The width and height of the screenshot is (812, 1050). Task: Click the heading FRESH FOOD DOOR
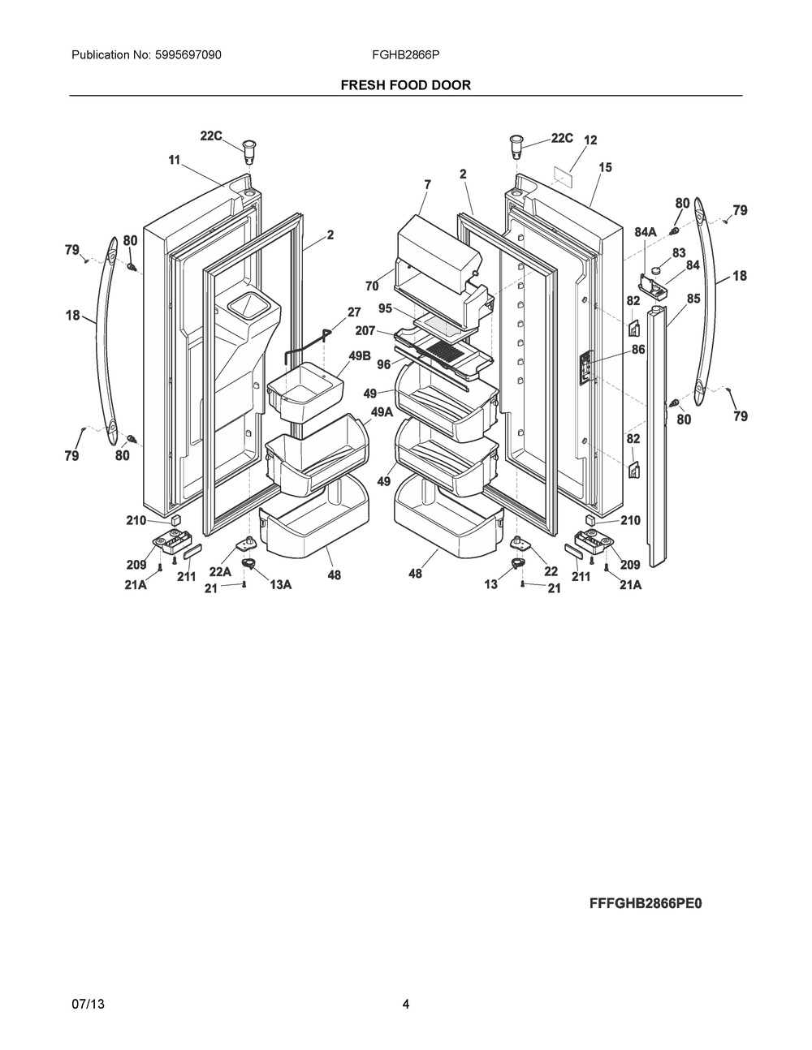pyautogui.click(x=405, y=84)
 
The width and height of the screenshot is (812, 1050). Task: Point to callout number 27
pyautogui.click(x=353, y=312)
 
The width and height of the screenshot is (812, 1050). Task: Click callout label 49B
pyautogui.click(x=360, y=355)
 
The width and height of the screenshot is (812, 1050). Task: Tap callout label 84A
pyautogui.click(x=646, y=233)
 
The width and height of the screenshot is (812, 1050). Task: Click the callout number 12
pyautogui.click(x=590, y=140)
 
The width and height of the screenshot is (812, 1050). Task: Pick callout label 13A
pyautogui.click(x=280, y=584)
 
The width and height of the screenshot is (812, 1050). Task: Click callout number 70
pyautogui.click(x=372, y=286)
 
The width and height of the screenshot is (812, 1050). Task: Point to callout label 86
pyautogui.click(x=638, y=350)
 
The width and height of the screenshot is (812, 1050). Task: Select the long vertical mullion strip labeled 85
pyautogui.click(x=656, y=422)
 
